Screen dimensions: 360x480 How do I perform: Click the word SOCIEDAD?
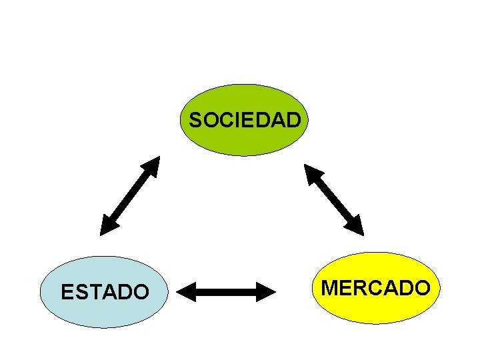click(x=245, y=121)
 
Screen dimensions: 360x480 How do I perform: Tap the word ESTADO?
click(x=105, y=292)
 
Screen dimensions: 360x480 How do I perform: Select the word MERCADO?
click(x=375, y=288)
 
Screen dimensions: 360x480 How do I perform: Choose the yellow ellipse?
click(x=375, y=307)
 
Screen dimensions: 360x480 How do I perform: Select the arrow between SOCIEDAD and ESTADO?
click(x=130, y=196)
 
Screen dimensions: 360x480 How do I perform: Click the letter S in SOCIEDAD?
click(x=195, y=121)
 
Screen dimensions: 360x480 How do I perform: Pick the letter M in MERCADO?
click(x=330, y=288)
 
